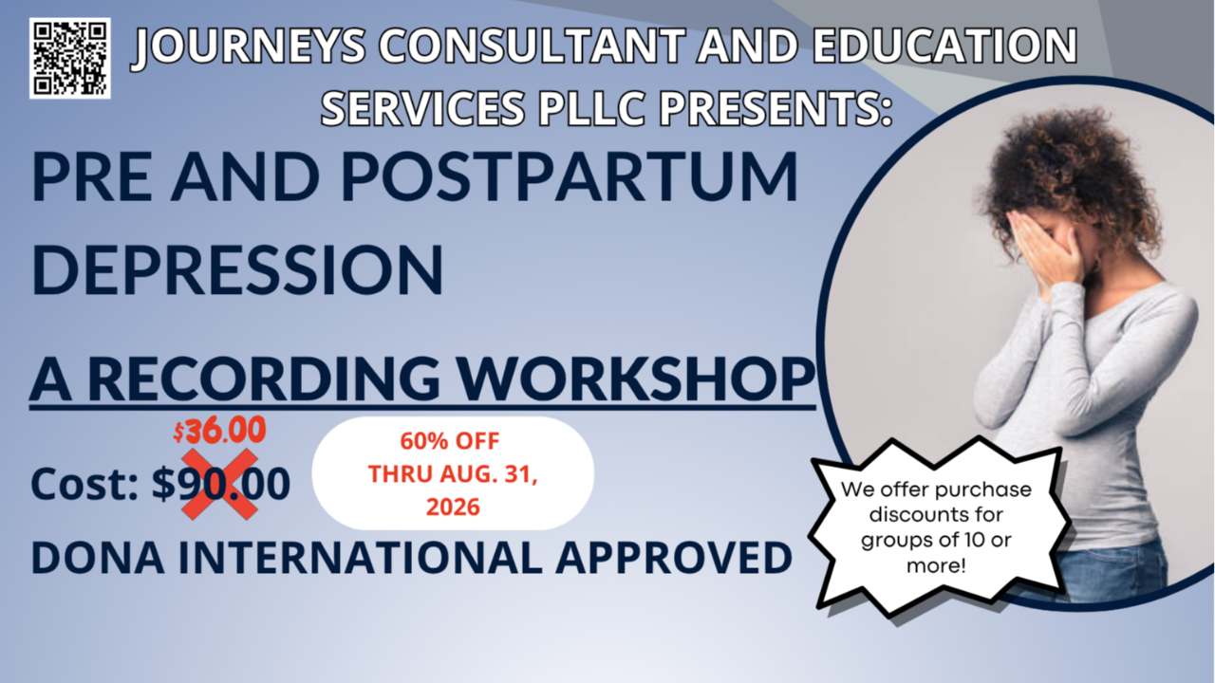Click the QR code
coord(70,58)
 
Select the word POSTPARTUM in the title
coord(570,176)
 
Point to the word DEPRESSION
coord(237,269)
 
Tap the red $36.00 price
coord(219,431)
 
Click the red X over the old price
coord(219,484)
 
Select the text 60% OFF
coord(450,441)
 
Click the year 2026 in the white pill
coord(453,508)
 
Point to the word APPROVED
coord(674,557)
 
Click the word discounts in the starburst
coord(936,514)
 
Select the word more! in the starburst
coord(936,566)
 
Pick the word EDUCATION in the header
coord(944,46)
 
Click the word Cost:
coord(84,484)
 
